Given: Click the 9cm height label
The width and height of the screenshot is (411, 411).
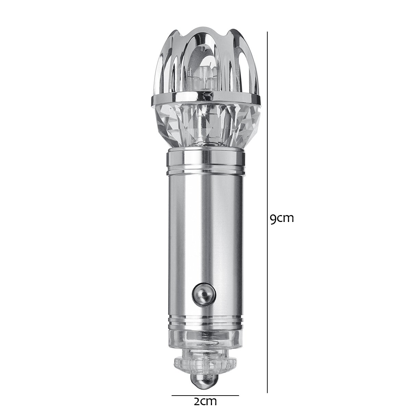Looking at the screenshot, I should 282,218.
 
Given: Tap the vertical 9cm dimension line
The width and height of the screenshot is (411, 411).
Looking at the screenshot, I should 267,171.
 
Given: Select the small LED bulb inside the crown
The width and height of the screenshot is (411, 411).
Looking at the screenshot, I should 204,74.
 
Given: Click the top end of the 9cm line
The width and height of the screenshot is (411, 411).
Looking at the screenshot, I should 267,32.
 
